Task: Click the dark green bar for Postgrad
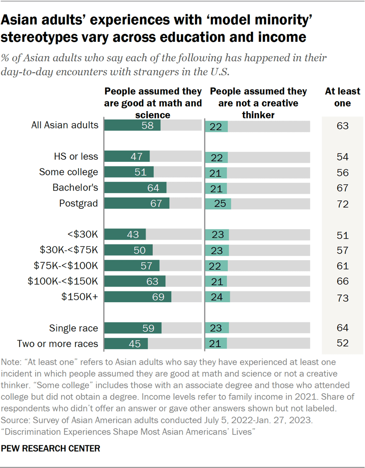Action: pyautogui.click(x=136, y=204)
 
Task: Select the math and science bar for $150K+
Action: pyautogui.click(x=138, y=297)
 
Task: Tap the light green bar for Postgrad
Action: pyautogui.click(x=218, y=204)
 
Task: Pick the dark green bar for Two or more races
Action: pyautogui.click(x=126, y=344)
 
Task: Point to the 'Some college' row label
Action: pyautogui.click(x=69, y=172)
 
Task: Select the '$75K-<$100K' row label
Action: pyautogui.click(x=66, y=266)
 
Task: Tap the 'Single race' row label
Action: pyautogui.click(x=73, y=328)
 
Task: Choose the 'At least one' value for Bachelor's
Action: pyautogui.click(x=342, y=188)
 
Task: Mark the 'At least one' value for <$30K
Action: pyautogui.click(x=342, y=235)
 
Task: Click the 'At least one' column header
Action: pyautogui.click(x=342, y=97)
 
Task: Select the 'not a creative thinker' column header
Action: pyautogui.click(x=258, y=103)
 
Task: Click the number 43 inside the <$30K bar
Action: pyautogui.click(x=133, y=235)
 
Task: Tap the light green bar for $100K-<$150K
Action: pyautogui.click(x=216, y=281)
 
